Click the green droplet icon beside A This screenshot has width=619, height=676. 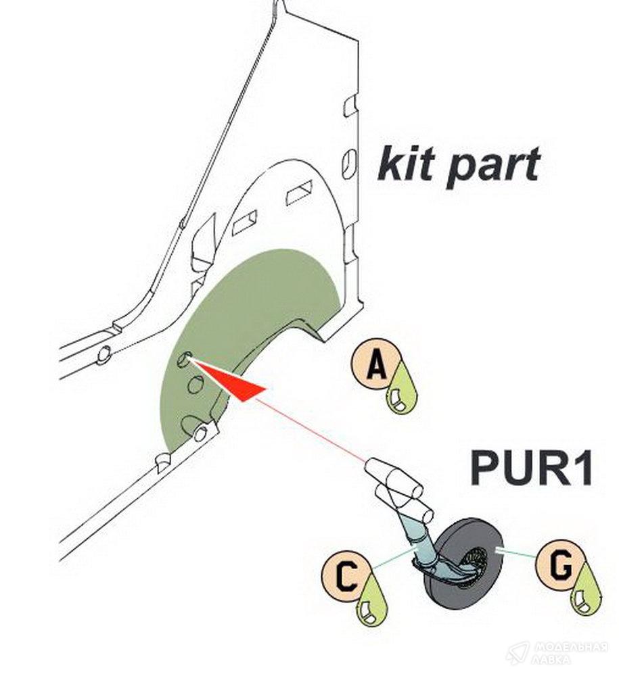click(x=403, y=390)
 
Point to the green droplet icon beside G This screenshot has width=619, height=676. click(x=586, y=591)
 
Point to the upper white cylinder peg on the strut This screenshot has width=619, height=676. click(x=394, y=477)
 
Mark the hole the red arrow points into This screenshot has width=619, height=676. click(x=184, y=360)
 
